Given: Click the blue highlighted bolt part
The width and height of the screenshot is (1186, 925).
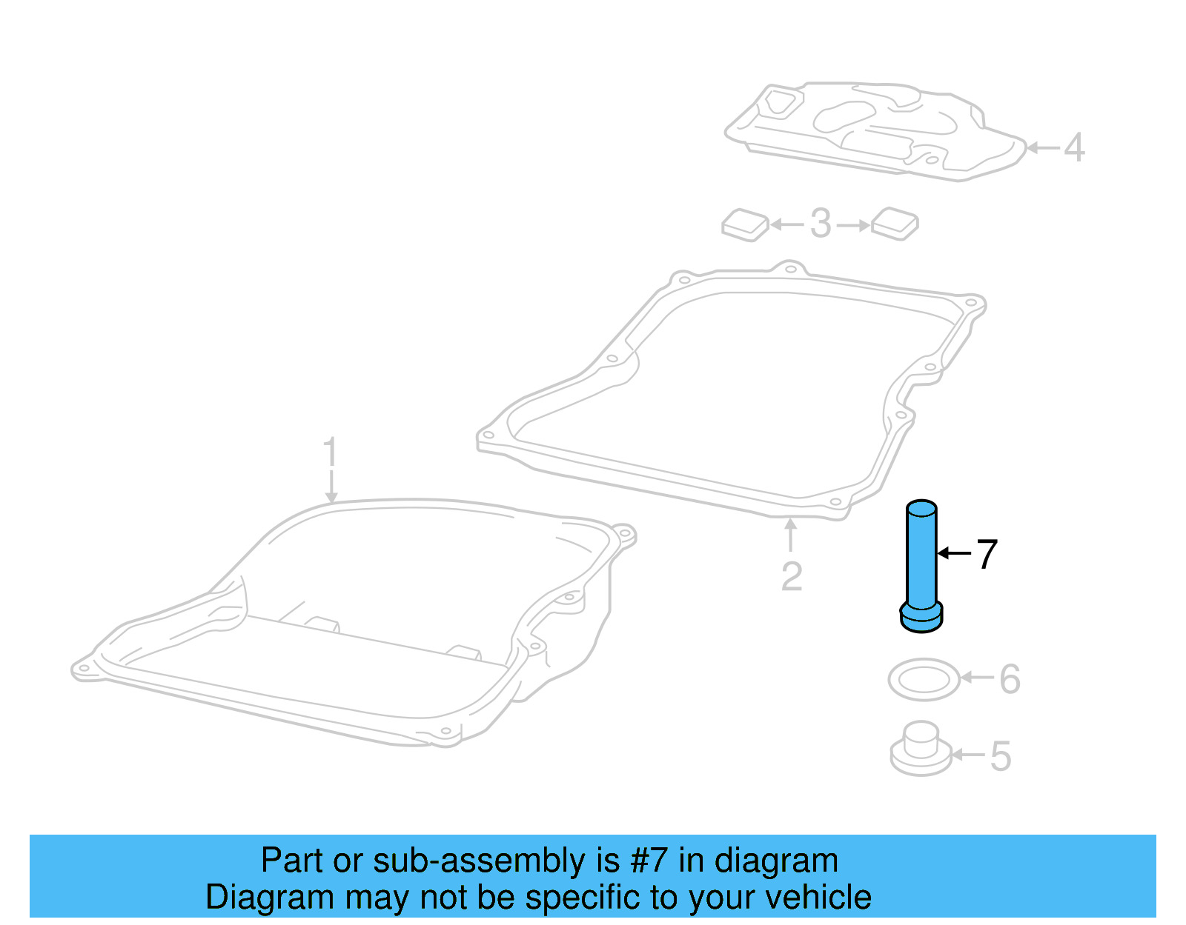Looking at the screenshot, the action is (x=921, y=567).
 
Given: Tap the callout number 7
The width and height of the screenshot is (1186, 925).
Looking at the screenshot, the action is (x=987, y=554).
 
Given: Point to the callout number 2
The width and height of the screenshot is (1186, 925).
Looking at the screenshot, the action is (x=792, y=576).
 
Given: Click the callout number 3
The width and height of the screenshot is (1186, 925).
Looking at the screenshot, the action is (x=821, y=224).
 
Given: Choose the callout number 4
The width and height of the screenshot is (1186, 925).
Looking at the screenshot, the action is (x=1074, y=147).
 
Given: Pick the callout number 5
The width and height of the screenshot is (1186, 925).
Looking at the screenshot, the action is (x=1000, y=756).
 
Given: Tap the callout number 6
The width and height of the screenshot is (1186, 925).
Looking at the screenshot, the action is (x=1010, y=678).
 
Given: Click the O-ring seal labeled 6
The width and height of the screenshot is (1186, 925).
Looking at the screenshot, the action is (x=924, y=679).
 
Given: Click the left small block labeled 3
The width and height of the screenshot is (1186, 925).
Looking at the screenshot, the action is (x=746, y=224).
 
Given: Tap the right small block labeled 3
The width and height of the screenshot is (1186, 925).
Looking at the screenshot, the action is (x=895, y=223).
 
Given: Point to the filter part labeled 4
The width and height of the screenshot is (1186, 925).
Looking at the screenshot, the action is (x=875, y=132).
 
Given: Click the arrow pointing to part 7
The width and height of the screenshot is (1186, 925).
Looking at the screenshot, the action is (x=953, y=553).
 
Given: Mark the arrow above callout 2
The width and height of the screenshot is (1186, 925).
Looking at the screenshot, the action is (x=791, y=535).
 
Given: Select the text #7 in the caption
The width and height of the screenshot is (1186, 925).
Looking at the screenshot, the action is (x=649, y=861).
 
